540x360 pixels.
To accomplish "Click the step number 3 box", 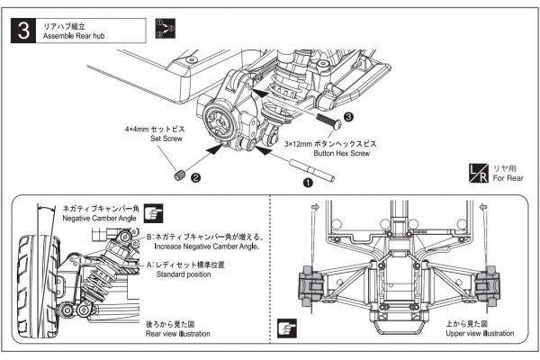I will pyautogui.click(x=26, y=30).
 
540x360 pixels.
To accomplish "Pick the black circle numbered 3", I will pyautogui.click(x=350, y=116).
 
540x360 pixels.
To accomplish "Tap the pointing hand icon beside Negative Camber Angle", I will pyautogui.click(x=152, y=213).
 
